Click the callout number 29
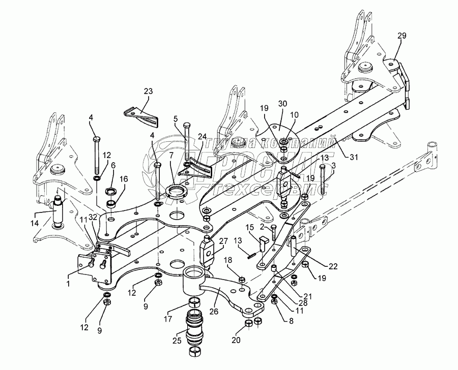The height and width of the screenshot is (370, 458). (x=402, y=36)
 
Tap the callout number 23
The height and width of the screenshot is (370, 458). (x=148, y=91)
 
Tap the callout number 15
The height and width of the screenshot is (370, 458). (x=249, y=227)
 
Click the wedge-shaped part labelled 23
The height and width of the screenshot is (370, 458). (x=140, y=115)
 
